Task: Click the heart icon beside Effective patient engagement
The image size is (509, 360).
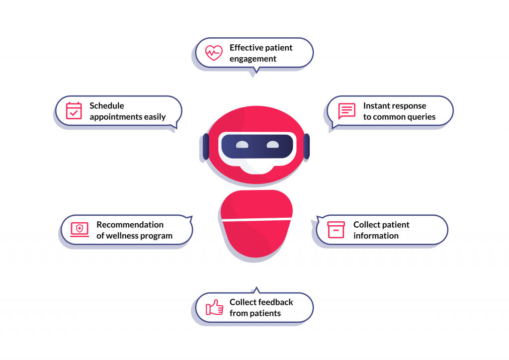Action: coord(214,53)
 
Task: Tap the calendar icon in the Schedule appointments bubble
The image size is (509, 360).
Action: coord(74,110)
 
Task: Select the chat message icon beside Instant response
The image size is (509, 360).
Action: coord(346,111)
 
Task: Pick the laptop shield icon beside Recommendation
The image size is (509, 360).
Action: coord(80,229)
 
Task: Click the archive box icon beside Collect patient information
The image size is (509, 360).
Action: coord(336,230)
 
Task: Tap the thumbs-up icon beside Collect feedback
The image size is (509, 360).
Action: coord(215,307)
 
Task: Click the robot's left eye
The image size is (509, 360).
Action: coord(242,145)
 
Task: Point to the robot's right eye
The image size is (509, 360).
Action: coord(272,145)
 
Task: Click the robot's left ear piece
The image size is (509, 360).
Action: coord(206,147)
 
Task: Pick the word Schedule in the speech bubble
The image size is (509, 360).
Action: coord(107,105)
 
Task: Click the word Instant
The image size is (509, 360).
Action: coord(377,105)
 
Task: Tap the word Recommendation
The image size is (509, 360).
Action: coord(130,224)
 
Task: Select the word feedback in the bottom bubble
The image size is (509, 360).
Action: coord(275,302)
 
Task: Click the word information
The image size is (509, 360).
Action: coord(376,236)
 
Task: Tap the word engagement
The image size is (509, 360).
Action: coord(253,59)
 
